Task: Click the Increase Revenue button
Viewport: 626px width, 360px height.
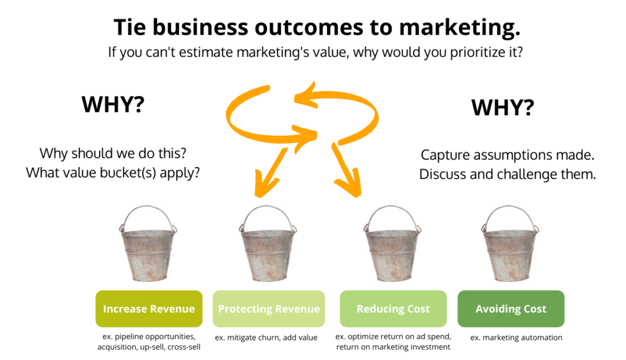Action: (x=149, y=309)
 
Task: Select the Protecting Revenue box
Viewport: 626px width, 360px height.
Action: (x=268, y=309)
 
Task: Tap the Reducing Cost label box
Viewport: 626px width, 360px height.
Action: (x=393, y=309)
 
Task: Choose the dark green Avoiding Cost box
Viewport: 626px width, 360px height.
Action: (x=510, y=309)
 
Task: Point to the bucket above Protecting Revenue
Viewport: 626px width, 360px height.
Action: (x=268, y=251)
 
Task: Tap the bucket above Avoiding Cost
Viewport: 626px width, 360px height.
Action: (x=511, y=251)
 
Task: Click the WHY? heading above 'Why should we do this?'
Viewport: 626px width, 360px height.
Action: (x=113, y=105)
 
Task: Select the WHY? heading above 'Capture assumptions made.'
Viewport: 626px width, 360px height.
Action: (x=503, y=108)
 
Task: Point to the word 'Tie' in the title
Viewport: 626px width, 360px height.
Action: (x=130, y=28)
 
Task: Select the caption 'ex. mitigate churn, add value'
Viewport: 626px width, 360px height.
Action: (x=266, y=337)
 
